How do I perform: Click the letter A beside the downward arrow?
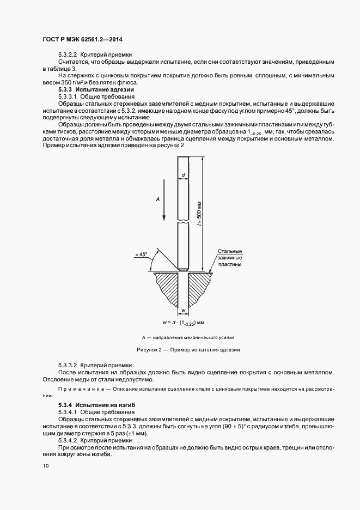(157, 200)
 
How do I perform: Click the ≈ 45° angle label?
(141, 254)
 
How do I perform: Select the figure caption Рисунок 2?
(187, 349)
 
